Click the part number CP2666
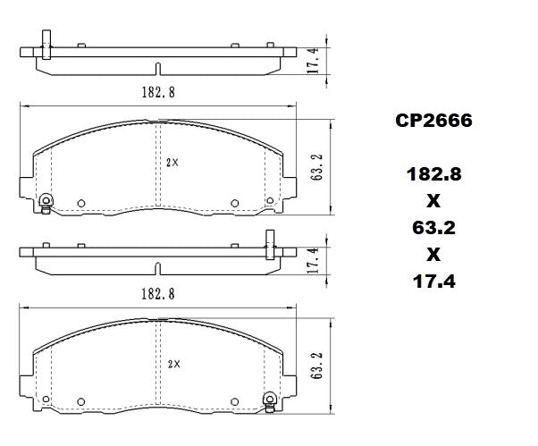[x=433, y=120]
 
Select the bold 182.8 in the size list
[x=433, y=174]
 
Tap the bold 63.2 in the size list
[x=433, y=228]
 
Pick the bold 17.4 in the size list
[x=433, y=282]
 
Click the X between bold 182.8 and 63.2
[x=433, y=201]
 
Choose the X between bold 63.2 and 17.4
[x=433, y=255]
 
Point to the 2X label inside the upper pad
[x=173, y=163]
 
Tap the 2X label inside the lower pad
[x=173, y=364]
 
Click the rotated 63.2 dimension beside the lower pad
[x=316, y=366]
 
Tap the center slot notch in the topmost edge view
[x=157, y=69]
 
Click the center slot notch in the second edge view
[x=157, y=268]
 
